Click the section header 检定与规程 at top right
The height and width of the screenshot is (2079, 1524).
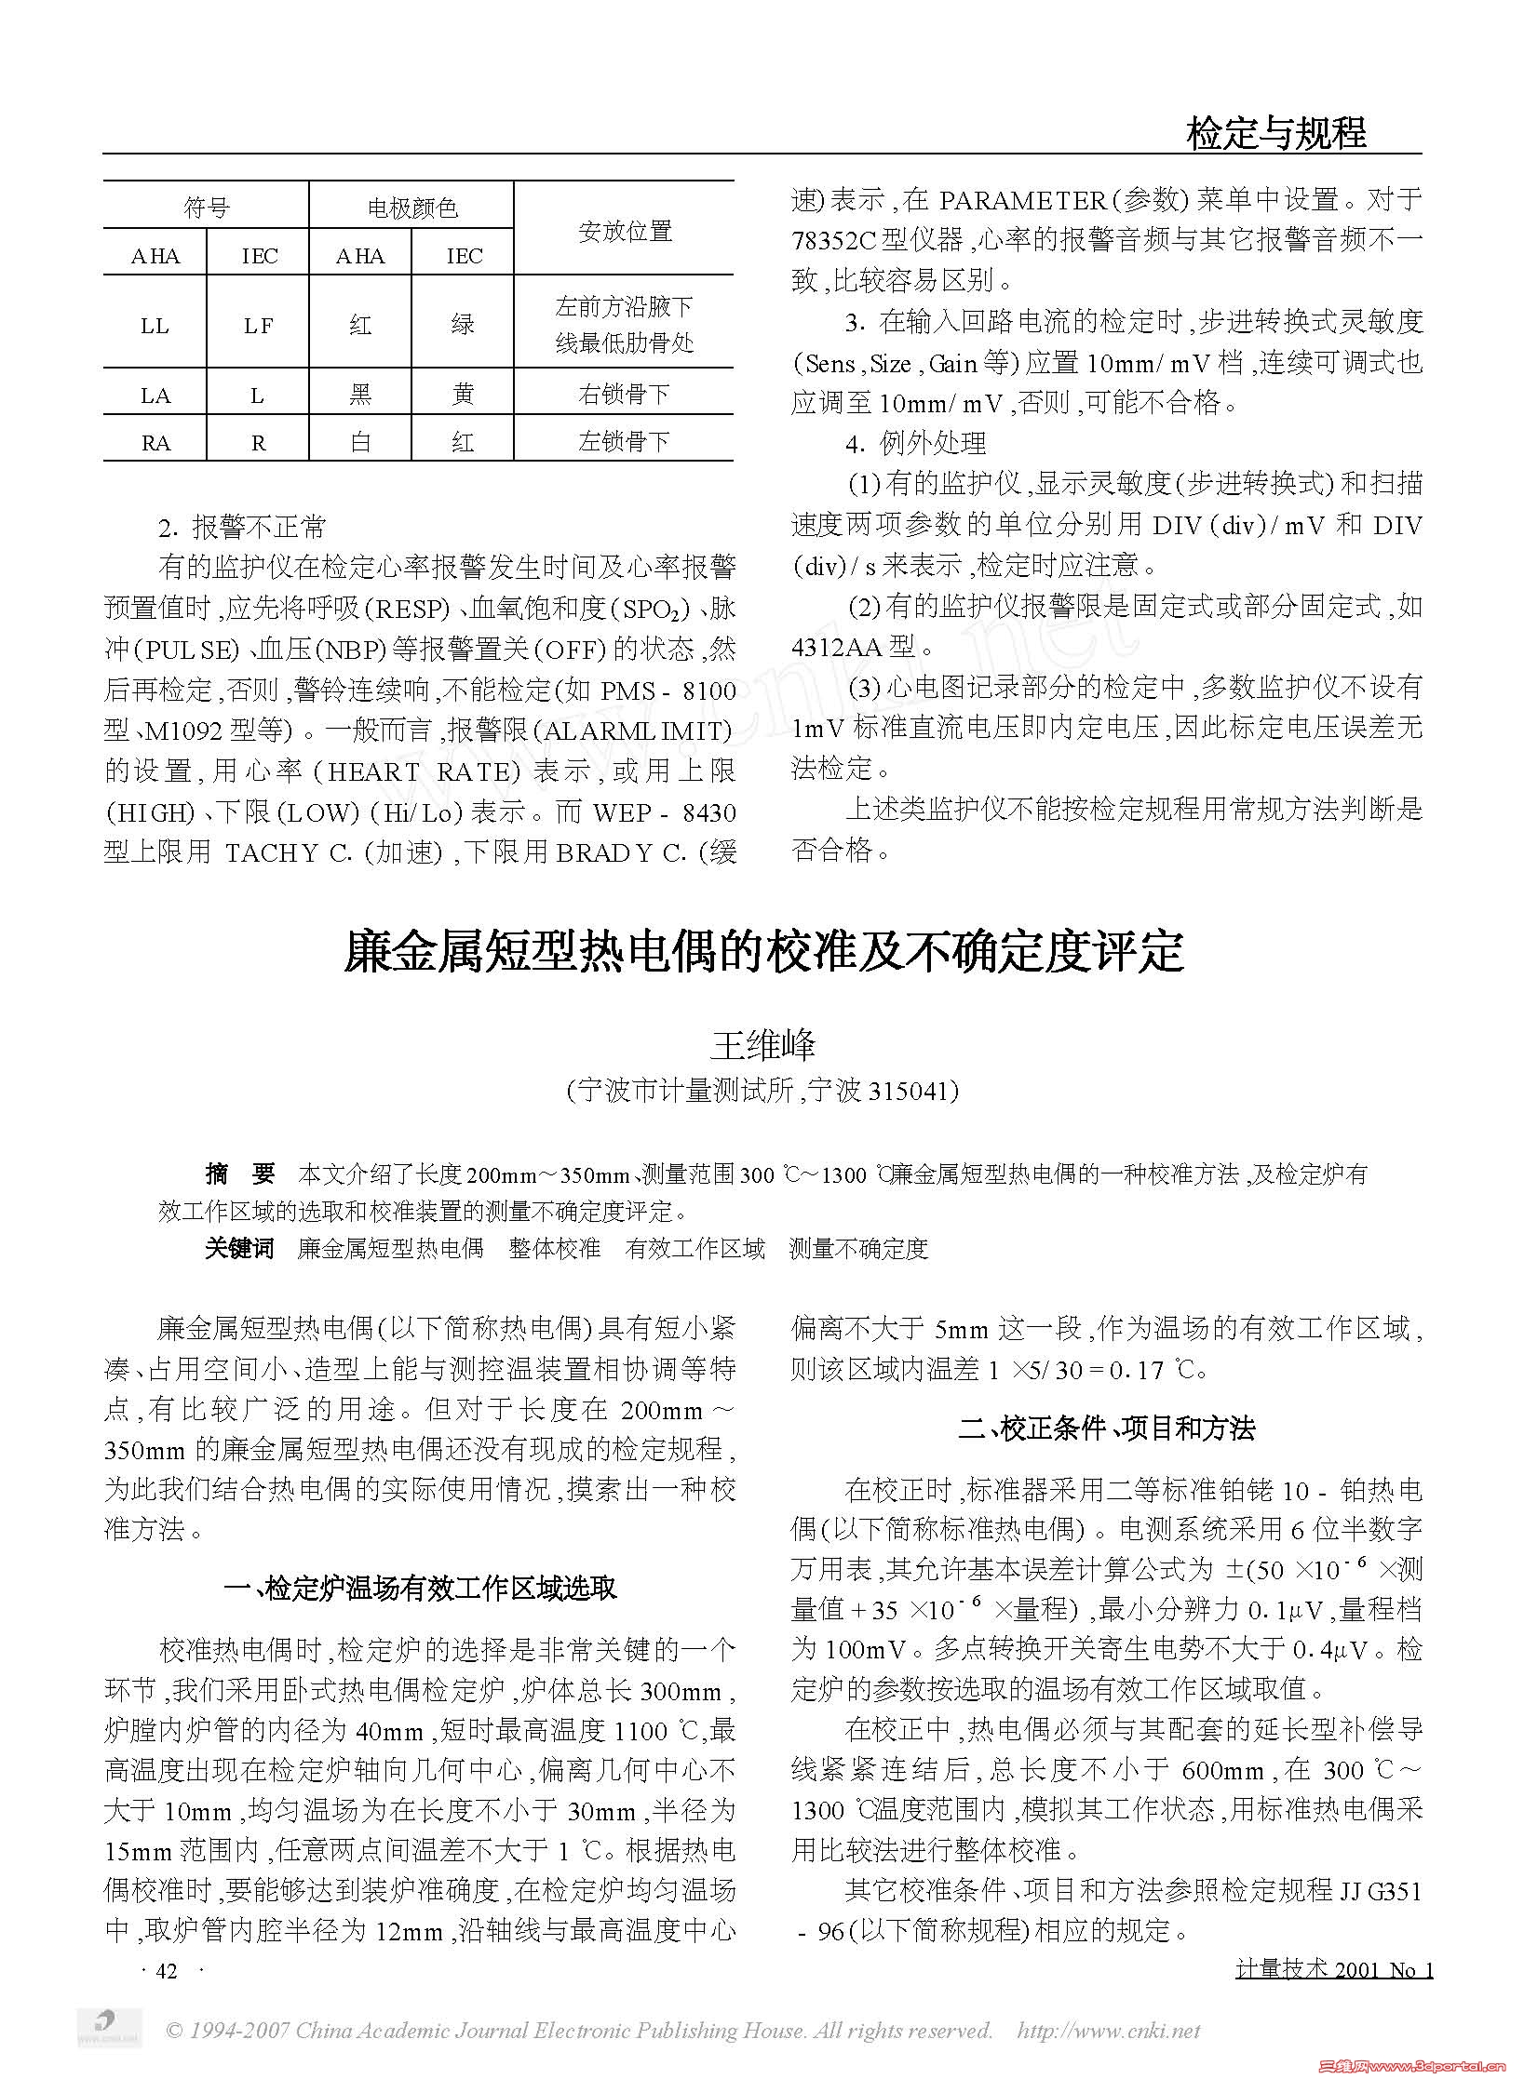(x=1275, y=133)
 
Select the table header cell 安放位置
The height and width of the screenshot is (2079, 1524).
(x=625, y=231)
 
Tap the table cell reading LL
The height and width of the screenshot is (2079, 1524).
(x=155, y=325)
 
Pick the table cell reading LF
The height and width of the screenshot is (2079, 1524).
(x=258, y=325)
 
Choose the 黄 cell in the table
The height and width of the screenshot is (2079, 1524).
(x=463, y=395)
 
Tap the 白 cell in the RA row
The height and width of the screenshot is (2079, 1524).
(x=360, y=441)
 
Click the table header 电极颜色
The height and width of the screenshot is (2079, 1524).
(x=412, y=208)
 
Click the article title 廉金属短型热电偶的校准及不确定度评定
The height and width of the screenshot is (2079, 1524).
(x=763, y=951)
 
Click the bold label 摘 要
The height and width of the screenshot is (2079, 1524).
(x=239, y=1174)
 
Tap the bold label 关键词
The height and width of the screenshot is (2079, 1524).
(x=239, y=1249)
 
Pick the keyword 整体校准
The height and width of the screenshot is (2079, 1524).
(x=555, y=1249)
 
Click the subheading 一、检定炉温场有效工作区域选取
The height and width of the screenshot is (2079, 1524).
(x=421, y=1588)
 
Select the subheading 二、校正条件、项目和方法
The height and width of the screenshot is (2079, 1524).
(x=1107, y=1428)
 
